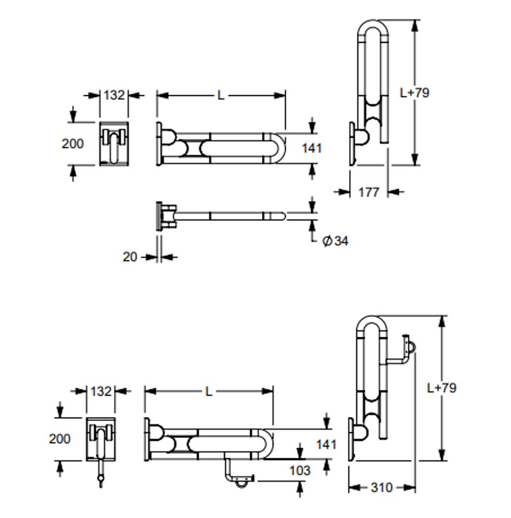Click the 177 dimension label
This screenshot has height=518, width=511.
pos(369,192)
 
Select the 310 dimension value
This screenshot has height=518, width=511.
pos(382,487)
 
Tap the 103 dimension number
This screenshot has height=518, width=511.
pos(300,470)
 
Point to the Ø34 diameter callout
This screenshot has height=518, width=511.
pos(335,241)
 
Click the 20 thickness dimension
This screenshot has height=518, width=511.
pos(130,257)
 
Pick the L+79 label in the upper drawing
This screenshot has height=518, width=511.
pos(415,93)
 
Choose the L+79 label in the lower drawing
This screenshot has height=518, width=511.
pos(442,388)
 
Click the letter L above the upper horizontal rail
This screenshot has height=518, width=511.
pos(221,96)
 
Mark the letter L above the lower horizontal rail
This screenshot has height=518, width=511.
pos(209,392)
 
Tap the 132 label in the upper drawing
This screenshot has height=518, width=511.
pos(114,95)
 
